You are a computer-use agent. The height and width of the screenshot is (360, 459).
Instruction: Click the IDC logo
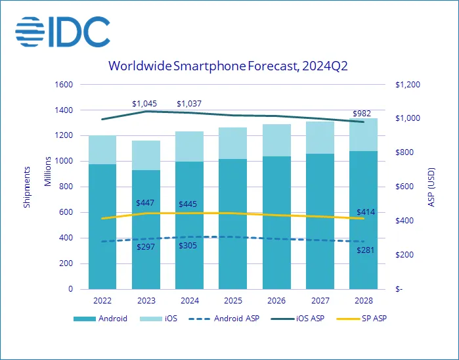[62, 31]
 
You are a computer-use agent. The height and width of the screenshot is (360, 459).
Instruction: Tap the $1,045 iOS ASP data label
[145, 104]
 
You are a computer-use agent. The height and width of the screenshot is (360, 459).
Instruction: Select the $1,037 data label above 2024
[190, 104]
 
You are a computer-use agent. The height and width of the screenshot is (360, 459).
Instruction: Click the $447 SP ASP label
[146, 203]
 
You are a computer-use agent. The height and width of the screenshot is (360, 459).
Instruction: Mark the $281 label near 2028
[365, 250]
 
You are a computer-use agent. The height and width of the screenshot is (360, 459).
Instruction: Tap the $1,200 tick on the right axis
[406, 85]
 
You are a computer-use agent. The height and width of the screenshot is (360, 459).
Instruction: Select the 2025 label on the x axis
[232, 300]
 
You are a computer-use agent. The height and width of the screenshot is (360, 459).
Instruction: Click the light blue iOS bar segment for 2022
[102, 150]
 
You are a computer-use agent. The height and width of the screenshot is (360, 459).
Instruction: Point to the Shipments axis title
[28, 187]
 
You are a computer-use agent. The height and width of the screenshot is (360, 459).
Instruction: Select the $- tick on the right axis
[399, 289]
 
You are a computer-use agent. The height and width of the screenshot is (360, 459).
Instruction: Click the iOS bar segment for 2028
[363, 135]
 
